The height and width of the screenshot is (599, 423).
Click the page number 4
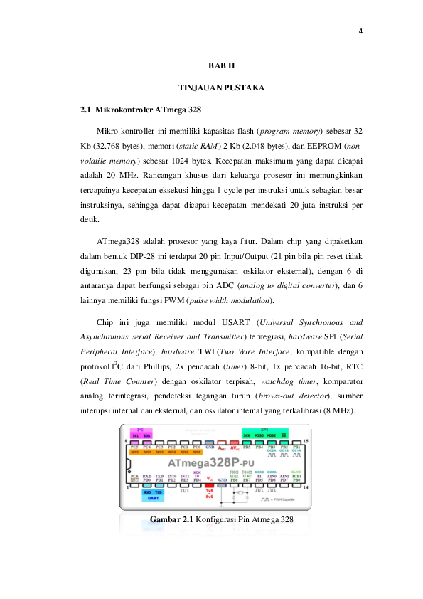pos(361,31)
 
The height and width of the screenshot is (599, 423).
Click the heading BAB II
pos(221,65)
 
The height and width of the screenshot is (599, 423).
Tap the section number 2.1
pos(86,110)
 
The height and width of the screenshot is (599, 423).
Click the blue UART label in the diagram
pos(153,498)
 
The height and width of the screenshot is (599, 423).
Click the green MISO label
pos(262,434)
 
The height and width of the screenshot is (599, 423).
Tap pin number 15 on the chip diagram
pos(306,442)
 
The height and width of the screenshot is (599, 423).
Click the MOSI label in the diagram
pos(272,434)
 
